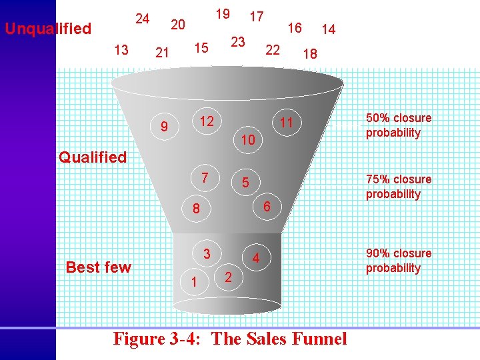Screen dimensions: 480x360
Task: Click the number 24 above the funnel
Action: point(142,18)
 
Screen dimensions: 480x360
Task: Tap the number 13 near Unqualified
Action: point(121,49)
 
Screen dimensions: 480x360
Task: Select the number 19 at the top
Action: point(223,13)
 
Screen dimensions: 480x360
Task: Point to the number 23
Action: point(238,41)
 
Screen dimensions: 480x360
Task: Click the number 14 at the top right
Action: point(328,29)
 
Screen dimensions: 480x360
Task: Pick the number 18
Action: point(309,55)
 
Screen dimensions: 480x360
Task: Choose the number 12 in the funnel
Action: point(207,121)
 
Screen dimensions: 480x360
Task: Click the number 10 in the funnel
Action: point(248,140)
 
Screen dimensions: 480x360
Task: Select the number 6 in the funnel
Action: point(265,207)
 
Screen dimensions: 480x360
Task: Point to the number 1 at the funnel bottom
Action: point(193,283)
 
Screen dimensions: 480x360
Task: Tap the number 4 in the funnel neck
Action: point(255,258)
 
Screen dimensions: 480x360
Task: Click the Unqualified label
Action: point(48,29)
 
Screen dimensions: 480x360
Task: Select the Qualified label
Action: point(93,157)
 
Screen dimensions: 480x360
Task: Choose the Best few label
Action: point(99,267)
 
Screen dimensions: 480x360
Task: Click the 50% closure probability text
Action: point(399,125)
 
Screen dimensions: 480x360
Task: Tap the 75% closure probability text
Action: point(399,187)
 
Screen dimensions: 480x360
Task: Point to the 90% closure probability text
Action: point(399,261)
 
